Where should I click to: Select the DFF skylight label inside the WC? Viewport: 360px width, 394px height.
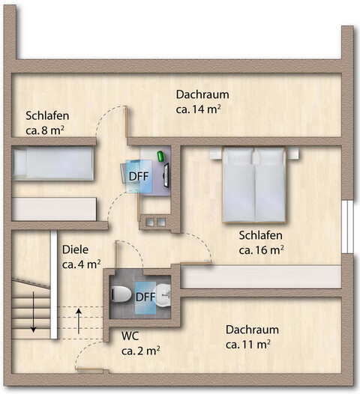coord(145,297)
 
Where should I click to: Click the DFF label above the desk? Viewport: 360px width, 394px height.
coord(139,177)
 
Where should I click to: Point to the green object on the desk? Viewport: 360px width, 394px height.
coord(160,155)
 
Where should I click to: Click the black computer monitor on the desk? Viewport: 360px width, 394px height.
coord(166,173)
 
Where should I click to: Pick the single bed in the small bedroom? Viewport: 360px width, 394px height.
coord(53,163)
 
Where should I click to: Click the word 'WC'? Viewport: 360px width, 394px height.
coord(130,334)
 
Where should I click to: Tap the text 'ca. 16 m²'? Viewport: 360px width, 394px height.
coord(260,249)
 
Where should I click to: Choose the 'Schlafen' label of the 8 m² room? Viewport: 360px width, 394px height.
coord(47,115)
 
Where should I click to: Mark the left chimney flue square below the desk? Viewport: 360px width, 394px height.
coord(150,222)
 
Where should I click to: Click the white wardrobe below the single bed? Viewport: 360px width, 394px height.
coord(53,208)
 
